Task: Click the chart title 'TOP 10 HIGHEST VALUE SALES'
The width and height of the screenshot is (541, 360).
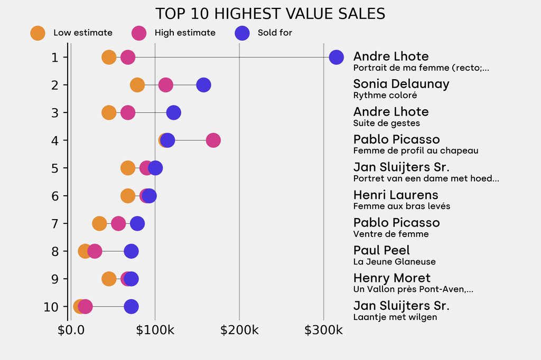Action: [270, 13]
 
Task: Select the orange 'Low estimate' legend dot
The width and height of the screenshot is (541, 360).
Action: [38, 33]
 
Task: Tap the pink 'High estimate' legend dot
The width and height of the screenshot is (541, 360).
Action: [139, 33]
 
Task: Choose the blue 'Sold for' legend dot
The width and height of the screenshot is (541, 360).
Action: [241, 33]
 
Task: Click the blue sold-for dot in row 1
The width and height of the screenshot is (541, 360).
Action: [336, 57]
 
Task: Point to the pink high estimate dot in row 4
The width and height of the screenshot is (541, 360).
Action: [213, 140]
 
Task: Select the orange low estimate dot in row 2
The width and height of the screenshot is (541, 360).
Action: [137, 85]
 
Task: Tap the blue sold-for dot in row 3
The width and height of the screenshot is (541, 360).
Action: [173, 112]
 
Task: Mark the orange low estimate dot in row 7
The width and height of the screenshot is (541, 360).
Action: [99, 223]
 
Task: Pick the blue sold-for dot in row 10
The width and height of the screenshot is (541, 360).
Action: [131, 306]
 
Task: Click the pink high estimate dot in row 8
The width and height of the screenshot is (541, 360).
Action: [95, 251]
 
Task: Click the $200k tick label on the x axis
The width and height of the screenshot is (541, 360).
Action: [239, 331]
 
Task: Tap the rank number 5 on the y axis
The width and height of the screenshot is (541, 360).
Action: [54, 168]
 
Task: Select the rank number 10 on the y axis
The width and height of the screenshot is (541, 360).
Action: [51, 306]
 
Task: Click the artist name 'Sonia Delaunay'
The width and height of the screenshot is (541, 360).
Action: [401, 84]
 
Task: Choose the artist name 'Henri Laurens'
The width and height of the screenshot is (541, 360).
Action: [396, 195]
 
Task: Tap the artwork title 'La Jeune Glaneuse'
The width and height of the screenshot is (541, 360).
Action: [394, 262]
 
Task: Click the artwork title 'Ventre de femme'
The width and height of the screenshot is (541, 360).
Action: [391, 234]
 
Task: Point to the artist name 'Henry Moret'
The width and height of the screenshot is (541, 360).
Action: [391, 278]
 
